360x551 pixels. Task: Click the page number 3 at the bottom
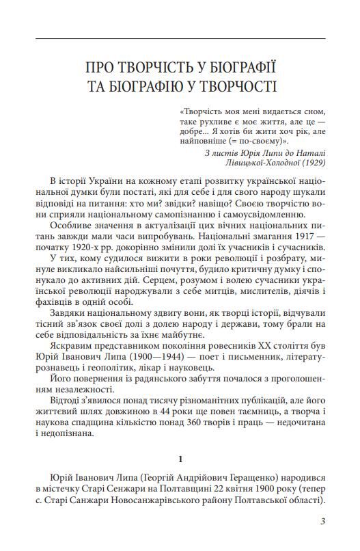click(x=322, y=523)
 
